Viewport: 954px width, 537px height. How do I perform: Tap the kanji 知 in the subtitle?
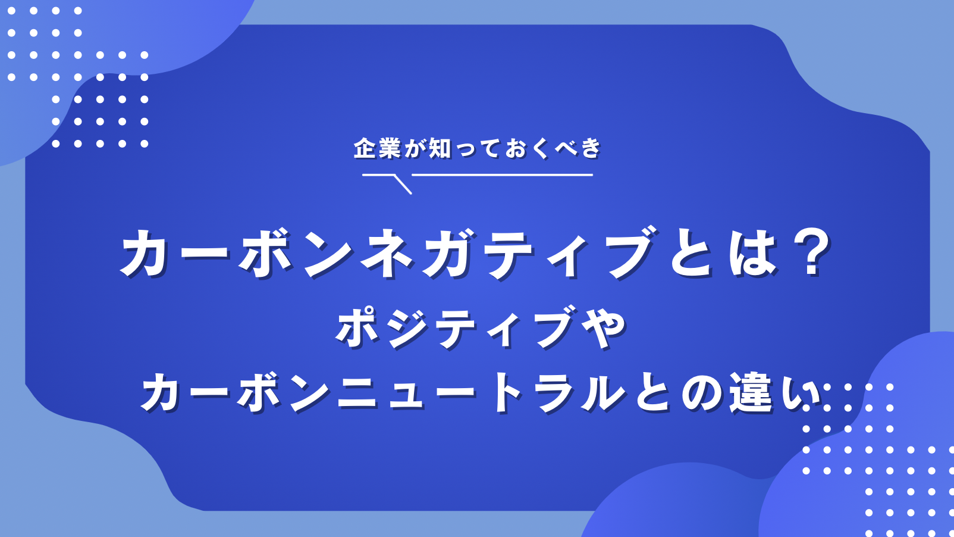click(440, 148)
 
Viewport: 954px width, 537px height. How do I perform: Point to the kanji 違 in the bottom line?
click(751, 393)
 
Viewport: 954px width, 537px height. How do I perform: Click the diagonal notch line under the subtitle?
click(403, 185)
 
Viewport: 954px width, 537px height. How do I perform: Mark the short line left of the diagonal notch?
click(378, 175)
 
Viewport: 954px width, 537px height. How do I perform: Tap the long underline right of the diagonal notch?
click(503, 175)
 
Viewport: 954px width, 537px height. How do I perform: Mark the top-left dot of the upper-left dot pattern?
click(11, 11)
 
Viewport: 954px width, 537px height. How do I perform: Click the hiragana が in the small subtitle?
click(415, 148)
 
